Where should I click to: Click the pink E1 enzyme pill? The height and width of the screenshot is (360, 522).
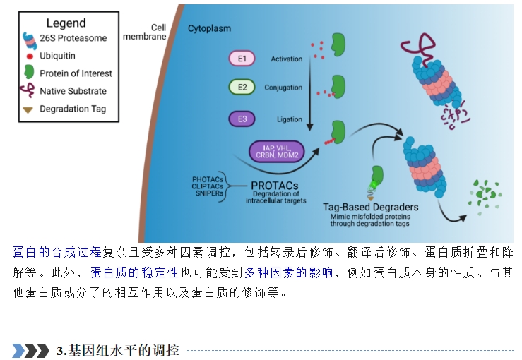click(x=242, y=59)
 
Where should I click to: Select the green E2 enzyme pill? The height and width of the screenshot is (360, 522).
click(x=242, y=87)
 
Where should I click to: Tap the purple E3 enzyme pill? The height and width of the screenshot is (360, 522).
click(x=242, y=119)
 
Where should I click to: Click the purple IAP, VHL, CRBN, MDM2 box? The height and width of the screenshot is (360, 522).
click(x=277, y=151)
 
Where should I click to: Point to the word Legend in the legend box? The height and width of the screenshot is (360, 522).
click(x=66, y=23)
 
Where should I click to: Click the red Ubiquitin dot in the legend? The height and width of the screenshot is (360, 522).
click(x=30, y=56)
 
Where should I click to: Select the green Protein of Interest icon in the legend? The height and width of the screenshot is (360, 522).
click(x=29, y=72)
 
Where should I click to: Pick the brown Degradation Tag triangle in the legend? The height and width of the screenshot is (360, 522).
click(x=28, y=110)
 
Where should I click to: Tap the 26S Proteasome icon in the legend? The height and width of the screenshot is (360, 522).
click(x=30, y=40)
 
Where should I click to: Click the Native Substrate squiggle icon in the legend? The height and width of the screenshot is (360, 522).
click(x=28, y=90)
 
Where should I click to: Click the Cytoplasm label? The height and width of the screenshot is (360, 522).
click(x=209, y=29)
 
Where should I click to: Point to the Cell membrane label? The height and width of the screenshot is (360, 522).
click(x=145, y=32)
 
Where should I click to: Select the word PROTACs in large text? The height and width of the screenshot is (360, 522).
click(x=275, y=186)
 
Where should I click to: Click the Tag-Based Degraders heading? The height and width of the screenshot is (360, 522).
click(x=371, y=207)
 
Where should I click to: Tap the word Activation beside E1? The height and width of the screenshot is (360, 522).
click(x=287, y=59)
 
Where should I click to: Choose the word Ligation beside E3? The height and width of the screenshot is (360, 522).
click(x=290, y=119)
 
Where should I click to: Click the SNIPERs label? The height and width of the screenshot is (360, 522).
click(x=209, y=193)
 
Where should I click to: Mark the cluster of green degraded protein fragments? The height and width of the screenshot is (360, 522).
click(x=485, y=197)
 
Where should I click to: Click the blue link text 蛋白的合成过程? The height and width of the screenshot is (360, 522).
click(x=57, y=252)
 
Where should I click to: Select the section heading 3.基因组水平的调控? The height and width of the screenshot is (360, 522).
click(x=118, y=350)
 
